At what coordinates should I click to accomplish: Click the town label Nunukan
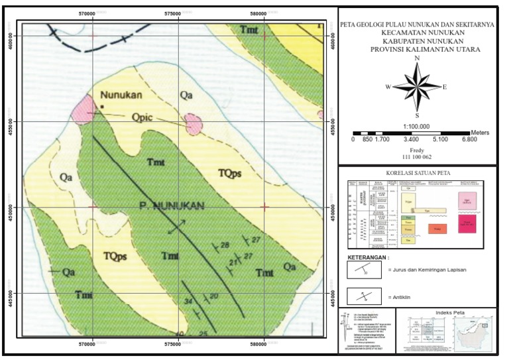121,95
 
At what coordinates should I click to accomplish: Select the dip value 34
188,302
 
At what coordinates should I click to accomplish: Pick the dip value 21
233,263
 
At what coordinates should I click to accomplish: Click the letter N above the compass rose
417,58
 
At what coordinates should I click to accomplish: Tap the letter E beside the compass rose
445,87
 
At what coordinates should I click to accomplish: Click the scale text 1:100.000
417,126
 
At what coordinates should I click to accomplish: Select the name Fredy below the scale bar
416,150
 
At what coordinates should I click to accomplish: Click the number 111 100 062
416,158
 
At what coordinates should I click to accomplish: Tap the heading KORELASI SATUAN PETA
417,173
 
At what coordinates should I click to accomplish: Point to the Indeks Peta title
451,312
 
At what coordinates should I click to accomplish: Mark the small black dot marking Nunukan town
103,106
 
